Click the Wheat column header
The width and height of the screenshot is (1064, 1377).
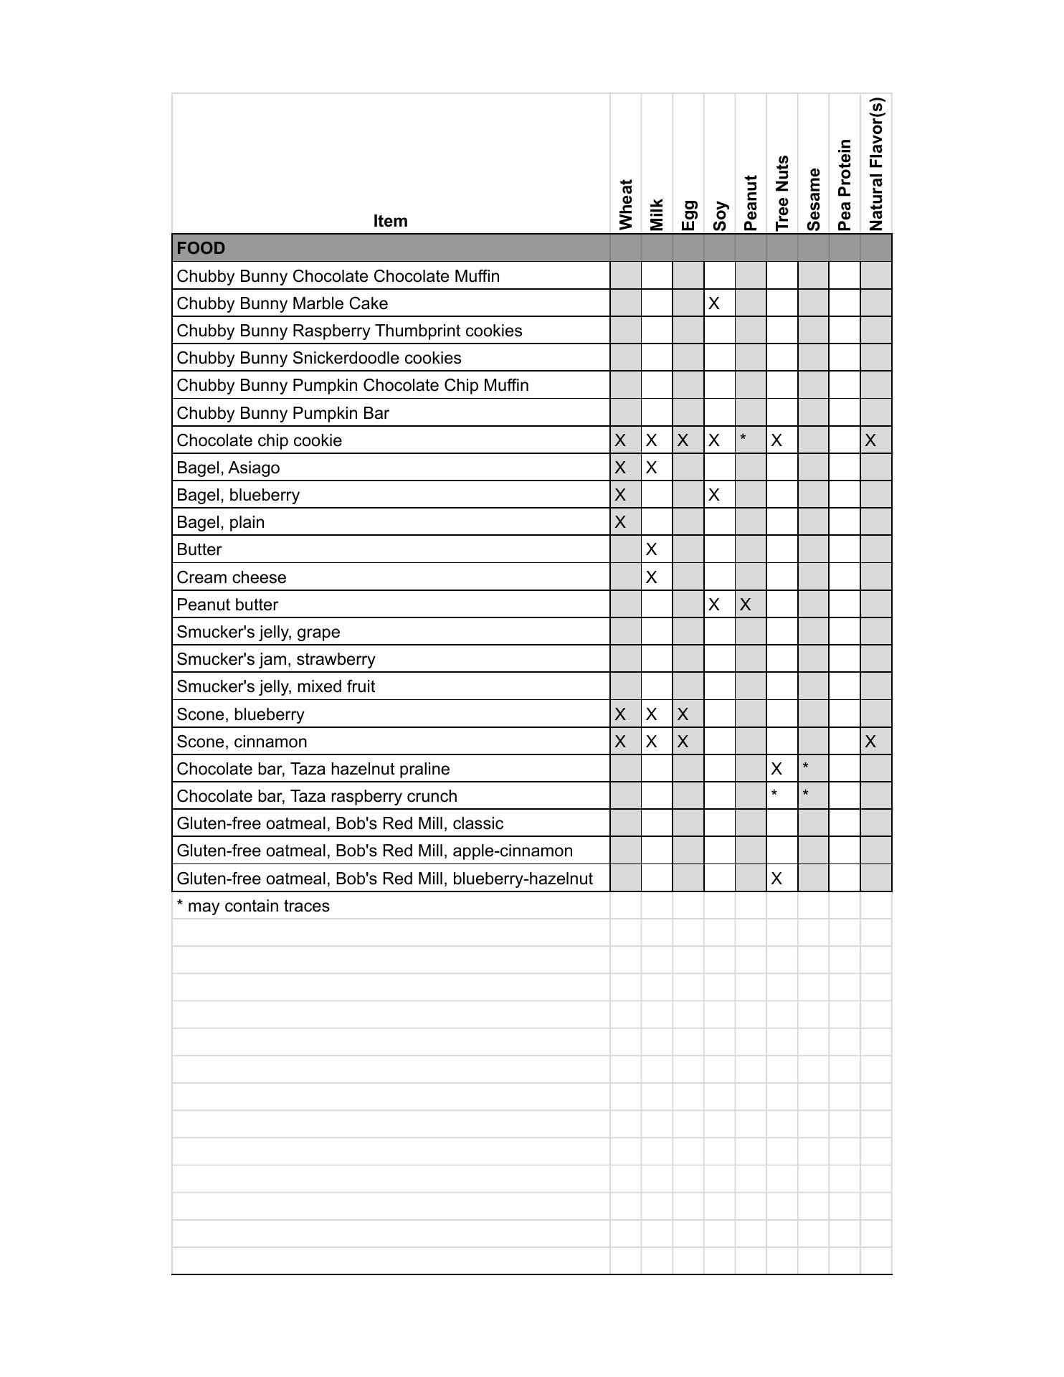(x=625, y=204)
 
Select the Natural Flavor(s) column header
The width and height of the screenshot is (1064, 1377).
(x=875, y=164)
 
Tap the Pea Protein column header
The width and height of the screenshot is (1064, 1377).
(x=845, y=185)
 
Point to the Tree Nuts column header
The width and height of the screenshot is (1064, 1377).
(x=782, y=193)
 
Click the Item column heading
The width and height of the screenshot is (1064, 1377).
(x=390, y=221)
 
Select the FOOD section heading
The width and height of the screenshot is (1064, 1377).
(x=201, y=248)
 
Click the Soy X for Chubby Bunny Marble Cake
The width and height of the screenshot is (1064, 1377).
(x=713, y=303)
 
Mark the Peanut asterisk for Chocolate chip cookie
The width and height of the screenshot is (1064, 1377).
(x=744, y=438)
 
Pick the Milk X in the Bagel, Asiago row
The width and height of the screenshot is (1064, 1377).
(x=651, y=468)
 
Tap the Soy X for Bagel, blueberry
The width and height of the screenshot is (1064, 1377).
(x=713, y=495)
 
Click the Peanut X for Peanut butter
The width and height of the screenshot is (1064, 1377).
(x=745, y=605)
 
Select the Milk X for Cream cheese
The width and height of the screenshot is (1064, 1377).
(x=651, y=577)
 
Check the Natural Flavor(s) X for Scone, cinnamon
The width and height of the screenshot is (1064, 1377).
(x=870, y=742)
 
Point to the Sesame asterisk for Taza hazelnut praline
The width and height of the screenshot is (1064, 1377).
(x=806, y=767)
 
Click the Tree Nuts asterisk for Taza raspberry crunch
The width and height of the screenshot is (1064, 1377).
(x=774, y=794)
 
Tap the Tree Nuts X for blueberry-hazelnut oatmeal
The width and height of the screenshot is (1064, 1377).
(x=776, y=879)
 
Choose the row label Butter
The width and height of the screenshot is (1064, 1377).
(x=199, y=549)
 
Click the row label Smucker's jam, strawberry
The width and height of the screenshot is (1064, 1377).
(x=276, y=659)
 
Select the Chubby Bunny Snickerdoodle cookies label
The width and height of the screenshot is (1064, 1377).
(x=319, y=358)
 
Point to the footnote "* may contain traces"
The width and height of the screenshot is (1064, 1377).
(x=253, y=906)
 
